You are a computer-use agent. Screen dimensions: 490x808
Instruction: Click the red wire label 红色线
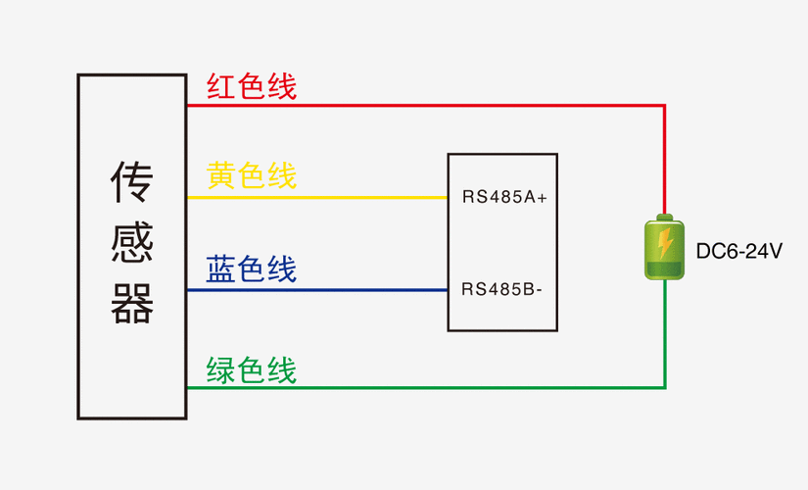(251, 86)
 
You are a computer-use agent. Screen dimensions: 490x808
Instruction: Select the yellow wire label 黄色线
(251, 176)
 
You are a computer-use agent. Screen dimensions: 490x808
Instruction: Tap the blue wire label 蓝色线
(251, 269)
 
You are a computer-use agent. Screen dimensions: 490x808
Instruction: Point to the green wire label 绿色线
(251, 370)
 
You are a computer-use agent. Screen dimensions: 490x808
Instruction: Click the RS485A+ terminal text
(504, 198)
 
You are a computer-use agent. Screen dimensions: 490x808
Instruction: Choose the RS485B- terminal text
(502, 289)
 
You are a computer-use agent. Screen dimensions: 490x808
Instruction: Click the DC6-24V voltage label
(738, 252)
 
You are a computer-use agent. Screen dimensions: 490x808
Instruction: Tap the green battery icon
(665, 249)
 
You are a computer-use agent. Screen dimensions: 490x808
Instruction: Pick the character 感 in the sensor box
(131, 245)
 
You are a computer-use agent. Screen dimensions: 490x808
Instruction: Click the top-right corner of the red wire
(665, 105)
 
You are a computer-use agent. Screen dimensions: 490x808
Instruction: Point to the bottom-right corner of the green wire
(665, 387)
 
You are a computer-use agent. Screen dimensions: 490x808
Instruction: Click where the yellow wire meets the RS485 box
(448, 197)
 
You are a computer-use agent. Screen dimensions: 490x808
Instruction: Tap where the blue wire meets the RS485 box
(448, 289)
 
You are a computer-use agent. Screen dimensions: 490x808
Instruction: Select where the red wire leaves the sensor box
(187, 105)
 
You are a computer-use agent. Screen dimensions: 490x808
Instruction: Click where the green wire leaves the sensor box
(187, 387)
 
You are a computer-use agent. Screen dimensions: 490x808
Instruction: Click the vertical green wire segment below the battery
(665, 333)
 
